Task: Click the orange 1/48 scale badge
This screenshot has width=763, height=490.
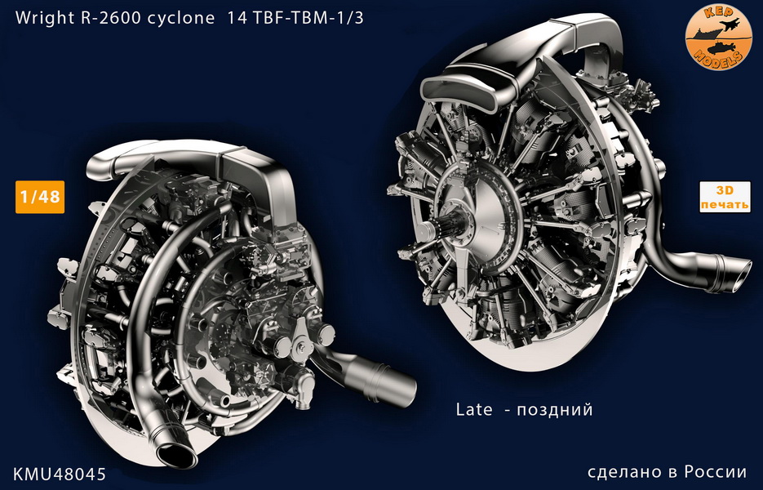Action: (x=40, y=197)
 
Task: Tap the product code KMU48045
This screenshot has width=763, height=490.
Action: (x=60, y=474)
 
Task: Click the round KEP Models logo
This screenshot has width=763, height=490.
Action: (x=719, y=38)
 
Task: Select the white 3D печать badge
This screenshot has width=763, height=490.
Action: (x=725, y=197)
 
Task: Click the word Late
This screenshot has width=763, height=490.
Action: (x=474, y=410)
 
